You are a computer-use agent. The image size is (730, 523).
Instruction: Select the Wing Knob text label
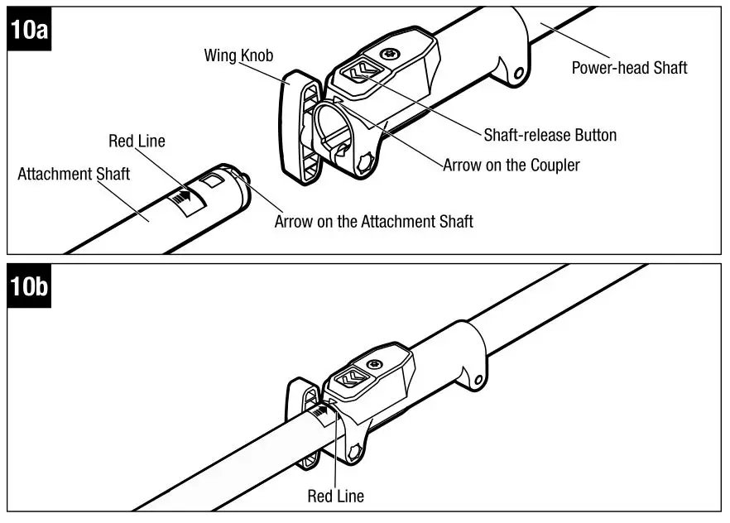pyautogui.click(x=238, y=55)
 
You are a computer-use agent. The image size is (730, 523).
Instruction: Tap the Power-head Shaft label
pyautogui.click(x=629, y=68)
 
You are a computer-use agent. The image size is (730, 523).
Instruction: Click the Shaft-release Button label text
pyautogui.click(x=550, y=135)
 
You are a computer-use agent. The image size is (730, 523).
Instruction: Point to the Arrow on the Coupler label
pyautogui.click(x=511, y=165)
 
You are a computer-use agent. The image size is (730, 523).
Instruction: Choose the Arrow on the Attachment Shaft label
pyautogui.click(x=373, y=221)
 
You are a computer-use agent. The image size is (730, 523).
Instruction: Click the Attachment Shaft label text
pyautogui.click(x=74, y=175)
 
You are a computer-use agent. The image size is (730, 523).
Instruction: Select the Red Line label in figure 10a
pyautogui.click(x=137, y=141)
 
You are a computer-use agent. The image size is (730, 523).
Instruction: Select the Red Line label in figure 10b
pyautogui.click(x=335, y=497)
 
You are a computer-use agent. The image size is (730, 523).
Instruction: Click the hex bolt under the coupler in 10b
pyautogui.click(x=357, y=452)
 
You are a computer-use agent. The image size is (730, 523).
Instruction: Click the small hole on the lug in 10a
pyautogui.click(x=519, y=74)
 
